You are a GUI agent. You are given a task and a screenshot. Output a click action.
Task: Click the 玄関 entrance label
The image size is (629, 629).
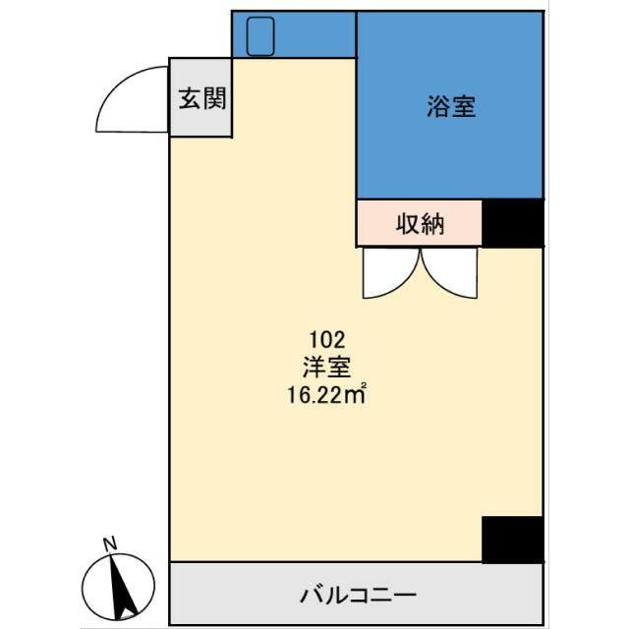[201, 98]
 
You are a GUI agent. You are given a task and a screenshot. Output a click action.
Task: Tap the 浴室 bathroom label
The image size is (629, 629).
[452, 106]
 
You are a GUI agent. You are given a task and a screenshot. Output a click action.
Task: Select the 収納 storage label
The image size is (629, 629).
[421, 224]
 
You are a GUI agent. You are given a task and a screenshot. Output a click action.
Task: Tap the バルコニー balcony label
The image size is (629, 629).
[358, 595]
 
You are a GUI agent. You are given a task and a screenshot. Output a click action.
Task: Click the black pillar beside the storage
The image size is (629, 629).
[512, 223]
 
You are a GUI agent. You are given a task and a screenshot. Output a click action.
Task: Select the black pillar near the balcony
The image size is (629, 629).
[512, 539]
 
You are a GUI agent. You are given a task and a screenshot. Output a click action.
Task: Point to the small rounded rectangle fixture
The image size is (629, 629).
[260, 35]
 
